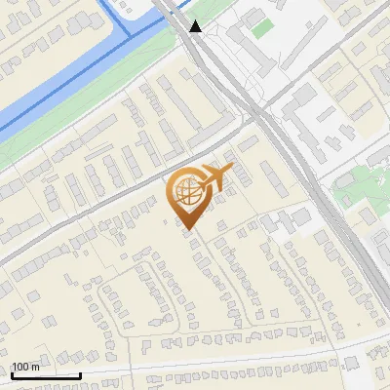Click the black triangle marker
click(x=196, y=26)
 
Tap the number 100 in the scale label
click(x=20, y=367)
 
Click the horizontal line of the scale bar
click(x=46, y=374)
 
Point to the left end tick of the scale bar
click(x=12, y=372)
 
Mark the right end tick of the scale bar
click(x=80, y=372)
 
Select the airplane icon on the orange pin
click(x=214, y=178)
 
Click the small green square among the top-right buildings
click(x=259, y=28)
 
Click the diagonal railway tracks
click(x=292, y=156)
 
